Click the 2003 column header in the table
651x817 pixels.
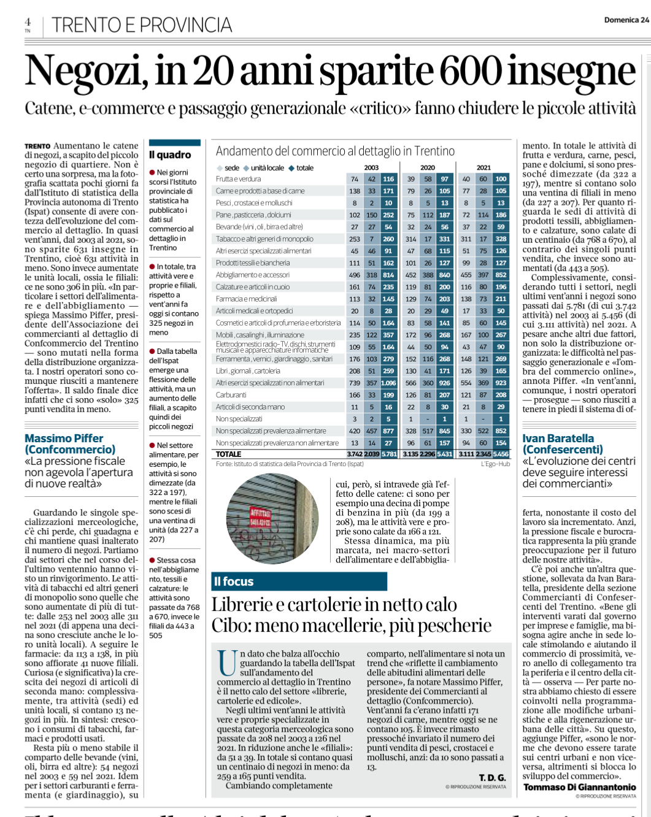[x=371, y=167]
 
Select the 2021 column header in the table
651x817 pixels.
[x=483, y=167]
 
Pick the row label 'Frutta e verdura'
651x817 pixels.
[x=238, y=179]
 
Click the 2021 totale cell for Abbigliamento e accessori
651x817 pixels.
[x=501, y=275]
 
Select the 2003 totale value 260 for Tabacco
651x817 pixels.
[x=388, y=239]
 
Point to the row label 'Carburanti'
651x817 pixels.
[x=231, y=395]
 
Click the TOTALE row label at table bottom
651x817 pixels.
[x=228, y=455]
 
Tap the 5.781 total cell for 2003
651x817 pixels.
[x=389, y=455]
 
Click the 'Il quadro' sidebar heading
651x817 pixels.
[x=170, y=155]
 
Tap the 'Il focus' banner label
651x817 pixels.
[x=234, y=581]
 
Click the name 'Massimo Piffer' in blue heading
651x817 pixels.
[x=64, y=439]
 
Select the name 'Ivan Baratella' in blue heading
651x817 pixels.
[x=558, y=439]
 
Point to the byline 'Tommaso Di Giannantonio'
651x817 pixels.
[x=579, y=787]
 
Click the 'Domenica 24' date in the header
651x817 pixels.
[x=626, y=20]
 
